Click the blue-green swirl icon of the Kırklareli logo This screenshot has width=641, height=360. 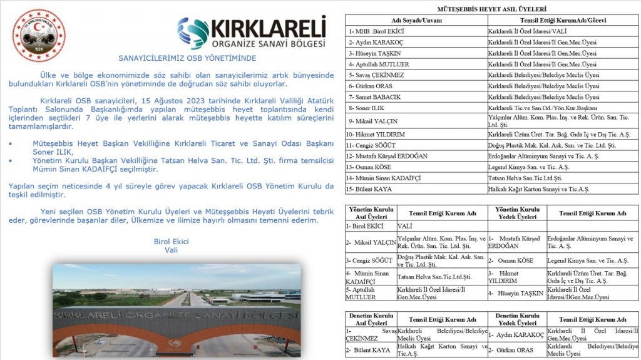192,33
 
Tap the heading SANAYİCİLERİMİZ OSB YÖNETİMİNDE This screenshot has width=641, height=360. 187,58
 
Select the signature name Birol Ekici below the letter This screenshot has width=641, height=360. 171,241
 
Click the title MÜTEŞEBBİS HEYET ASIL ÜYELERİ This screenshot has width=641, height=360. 491,9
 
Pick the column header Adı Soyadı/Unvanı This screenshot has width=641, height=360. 416,20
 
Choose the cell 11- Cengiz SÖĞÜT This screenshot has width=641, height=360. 376,145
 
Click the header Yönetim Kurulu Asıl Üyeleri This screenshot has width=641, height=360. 370,213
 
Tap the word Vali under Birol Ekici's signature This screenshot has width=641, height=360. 171,250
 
